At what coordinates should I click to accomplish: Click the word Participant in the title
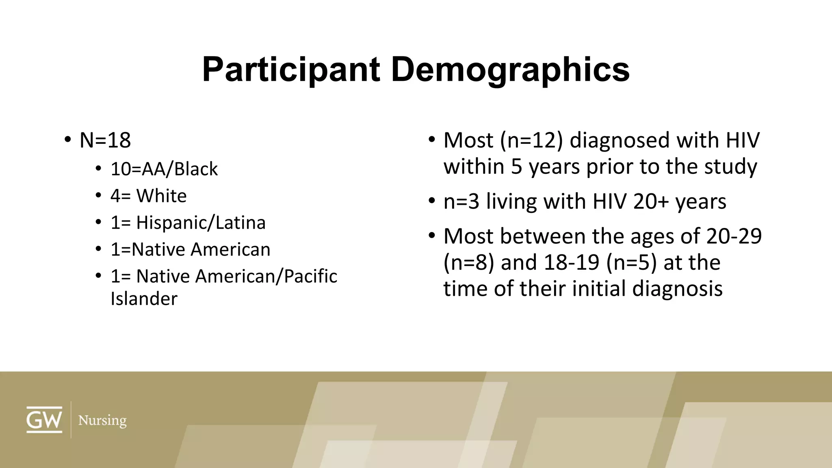291,70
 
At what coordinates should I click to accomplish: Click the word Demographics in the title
510,70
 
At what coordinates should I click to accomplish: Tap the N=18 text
105,141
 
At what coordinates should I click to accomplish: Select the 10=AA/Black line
164,169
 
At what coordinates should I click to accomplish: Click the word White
161,196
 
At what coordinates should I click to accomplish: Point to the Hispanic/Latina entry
201,223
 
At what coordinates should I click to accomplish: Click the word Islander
144,299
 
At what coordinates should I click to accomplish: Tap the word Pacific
310,276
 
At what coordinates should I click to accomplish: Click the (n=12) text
531,141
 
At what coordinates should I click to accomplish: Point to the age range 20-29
734,236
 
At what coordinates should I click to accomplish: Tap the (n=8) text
469,262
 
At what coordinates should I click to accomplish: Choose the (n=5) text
631,262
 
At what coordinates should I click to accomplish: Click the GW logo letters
44,420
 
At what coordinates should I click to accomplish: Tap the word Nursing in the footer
102,420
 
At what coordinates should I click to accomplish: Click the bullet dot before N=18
67,140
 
